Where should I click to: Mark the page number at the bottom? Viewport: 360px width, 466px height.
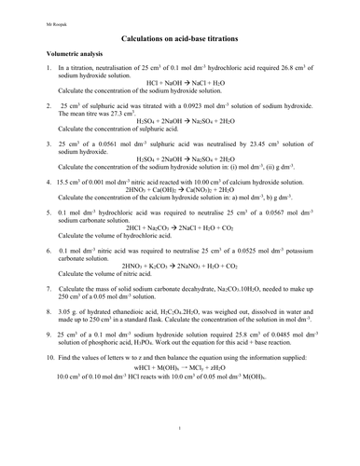tap(179, 454)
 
